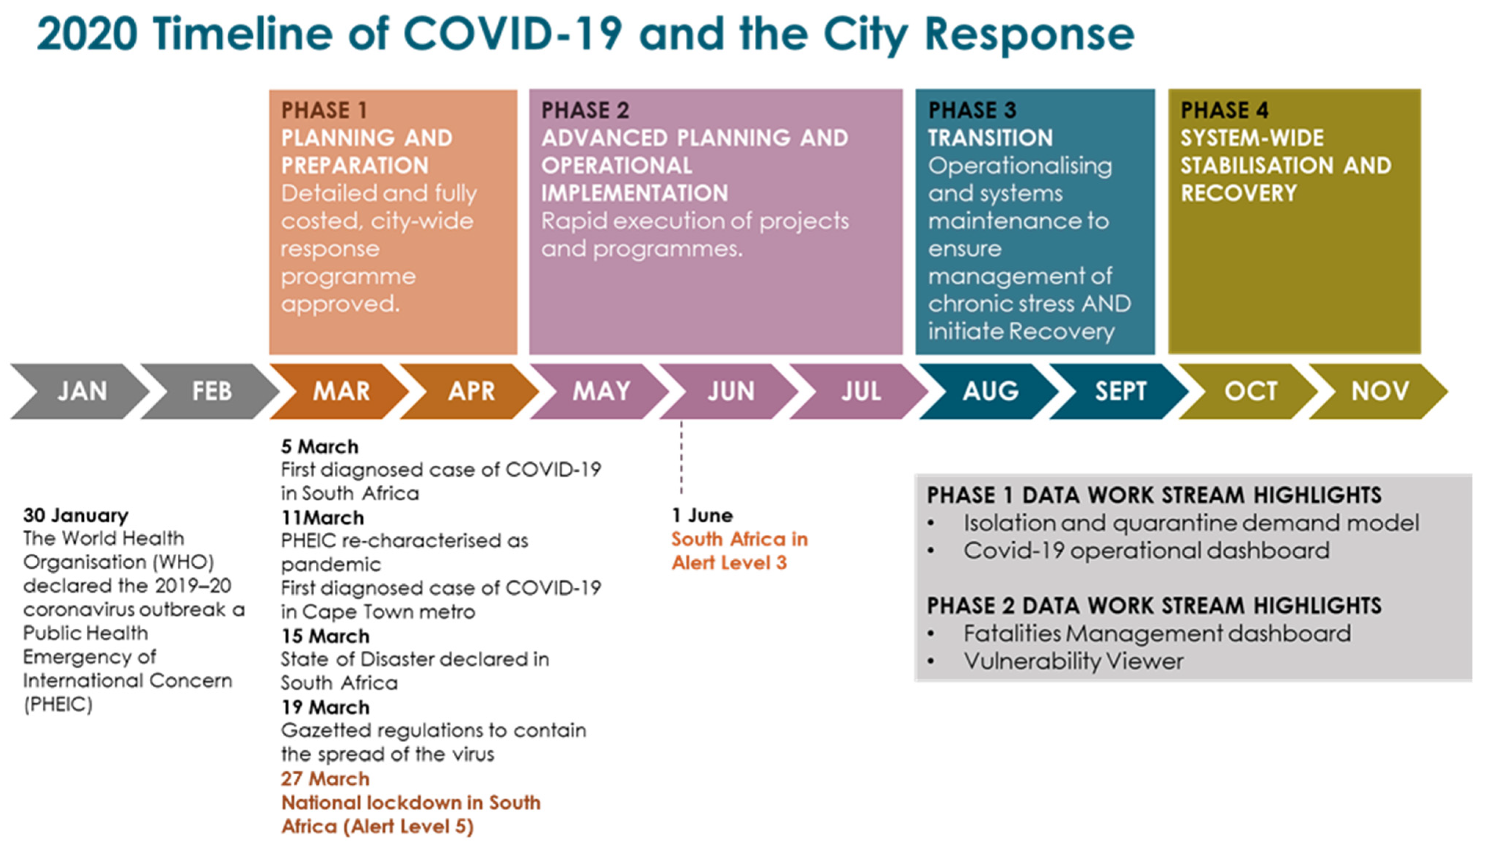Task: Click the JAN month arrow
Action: tap(81, 391)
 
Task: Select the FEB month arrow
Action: tap(211, 391)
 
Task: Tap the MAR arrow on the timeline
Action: tap(341, 391)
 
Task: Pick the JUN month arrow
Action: tap(731, 391)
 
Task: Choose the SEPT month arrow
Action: tap(1120, 391)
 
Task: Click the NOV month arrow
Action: tap(1379, 391)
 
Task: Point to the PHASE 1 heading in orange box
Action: tap(324, 110)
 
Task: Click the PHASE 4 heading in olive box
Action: tap(1224, 110)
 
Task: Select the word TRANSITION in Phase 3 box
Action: tap(990, 138)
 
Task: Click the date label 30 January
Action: tap(76, 515)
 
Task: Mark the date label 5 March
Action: tap(320, 447)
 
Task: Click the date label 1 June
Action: tap(702, 515)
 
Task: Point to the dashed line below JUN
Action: tap(681, 459)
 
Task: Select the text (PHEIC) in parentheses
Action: tap(58, 704)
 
